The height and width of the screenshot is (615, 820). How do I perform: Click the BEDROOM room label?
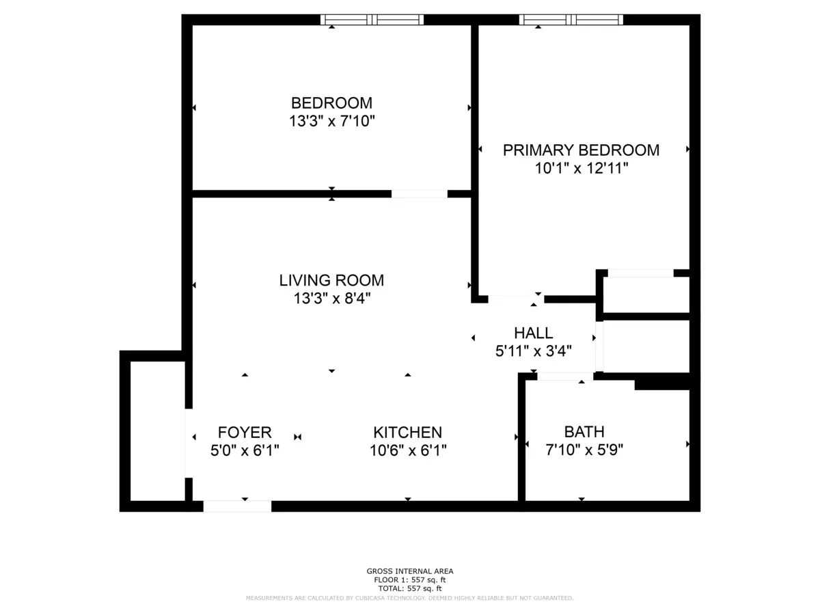click(331, 103)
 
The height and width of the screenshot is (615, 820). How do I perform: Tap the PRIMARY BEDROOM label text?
click(581, 150)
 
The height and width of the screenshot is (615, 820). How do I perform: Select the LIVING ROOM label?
click(331, 280)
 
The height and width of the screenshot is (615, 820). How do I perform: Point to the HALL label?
click(534, 333)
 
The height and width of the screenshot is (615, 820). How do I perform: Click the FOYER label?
click(245, 433)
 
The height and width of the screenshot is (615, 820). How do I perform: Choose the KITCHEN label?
click(407, 433)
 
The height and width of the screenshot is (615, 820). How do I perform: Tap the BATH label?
click(584, 432)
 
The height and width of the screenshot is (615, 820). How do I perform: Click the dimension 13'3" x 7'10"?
click(331, 122)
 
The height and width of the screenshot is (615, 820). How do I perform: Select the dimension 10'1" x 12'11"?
click(581, 168)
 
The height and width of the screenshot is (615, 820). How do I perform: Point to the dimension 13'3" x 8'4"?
click(331, 299)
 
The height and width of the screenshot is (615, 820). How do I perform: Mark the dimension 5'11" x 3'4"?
click(534, 351)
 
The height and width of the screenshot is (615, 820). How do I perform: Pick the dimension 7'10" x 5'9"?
click(584, 450)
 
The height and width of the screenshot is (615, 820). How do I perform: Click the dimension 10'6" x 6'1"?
click(407, 450)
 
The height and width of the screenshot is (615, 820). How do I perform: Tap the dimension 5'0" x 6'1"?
click(245, 450)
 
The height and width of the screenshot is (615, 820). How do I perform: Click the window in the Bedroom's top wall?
click(372, 20)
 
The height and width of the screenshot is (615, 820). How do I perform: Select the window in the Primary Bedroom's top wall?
click(571, 20)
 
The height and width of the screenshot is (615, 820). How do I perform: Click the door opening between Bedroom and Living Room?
click(419, 194)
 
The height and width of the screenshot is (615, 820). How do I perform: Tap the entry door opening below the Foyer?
click(237, 506)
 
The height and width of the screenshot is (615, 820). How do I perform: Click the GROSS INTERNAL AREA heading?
click(410, 571)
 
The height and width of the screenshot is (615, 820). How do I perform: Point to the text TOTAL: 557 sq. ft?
click(410, 588)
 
